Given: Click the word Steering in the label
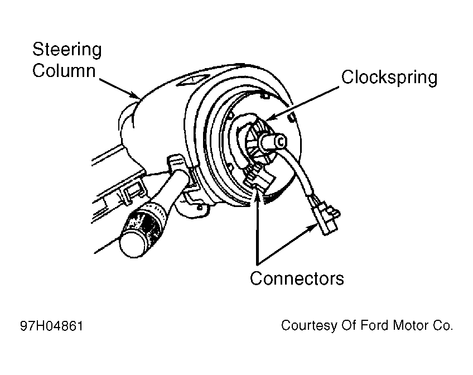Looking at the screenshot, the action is (x=67, y=50).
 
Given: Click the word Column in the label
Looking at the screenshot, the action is (x=64, y=71).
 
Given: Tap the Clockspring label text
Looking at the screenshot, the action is (x=389, y=78).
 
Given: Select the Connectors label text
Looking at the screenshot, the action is (x=297, y=278).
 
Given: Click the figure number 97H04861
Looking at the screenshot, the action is (x=51, y=326).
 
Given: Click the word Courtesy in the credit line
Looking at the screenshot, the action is (x=309, y=326).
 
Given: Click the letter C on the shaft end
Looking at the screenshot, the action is (x=280, y=142).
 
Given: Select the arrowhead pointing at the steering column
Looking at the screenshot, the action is (x=134, y=94).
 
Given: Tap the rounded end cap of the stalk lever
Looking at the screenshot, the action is (x=132, y=243).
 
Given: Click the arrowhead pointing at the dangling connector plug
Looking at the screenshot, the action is (x=313, y=228).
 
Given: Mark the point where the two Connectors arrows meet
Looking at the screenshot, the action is (x=257, y=265).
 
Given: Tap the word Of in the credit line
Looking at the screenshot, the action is (x=349, y=325).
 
